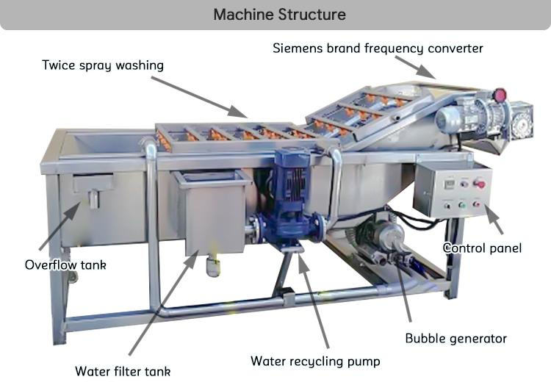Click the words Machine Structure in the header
(x=278, y=14)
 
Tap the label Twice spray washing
(x=102, y=65)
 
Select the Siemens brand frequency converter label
(x=378, y=48)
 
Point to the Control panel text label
(x=482, y=248)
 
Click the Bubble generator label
(x=455, y=339)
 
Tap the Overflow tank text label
(x=65, y=265)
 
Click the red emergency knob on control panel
(x=480, y=183)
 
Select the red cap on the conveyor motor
(x=500, y=96)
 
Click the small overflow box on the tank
(x=93, y=187)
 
